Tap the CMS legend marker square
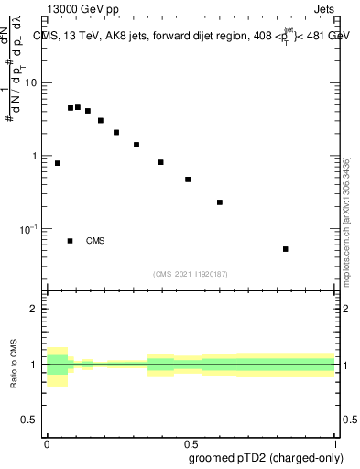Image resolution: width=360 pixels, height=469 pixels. (70, 241)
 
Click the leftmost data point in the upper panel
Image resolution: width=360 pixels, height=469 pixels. (58, 163)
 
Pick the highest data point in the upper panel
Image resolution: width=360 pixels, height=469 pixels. (78, 107)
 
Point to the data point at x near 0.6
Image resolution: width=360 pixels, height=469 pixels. (220, 202)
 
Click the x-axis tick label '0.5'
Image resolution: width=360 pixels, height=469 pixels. (191, 442)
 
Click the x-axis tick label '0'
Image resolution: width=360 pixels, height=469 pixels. (47, 442)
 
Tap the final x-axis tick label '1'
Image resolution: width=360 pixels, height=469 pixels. (335, 442)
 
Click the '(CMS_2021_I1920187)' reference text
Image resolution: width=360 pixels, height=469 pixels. (191, 274)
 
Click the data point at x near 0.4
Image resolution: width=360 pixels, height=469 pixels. (160, 162)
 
